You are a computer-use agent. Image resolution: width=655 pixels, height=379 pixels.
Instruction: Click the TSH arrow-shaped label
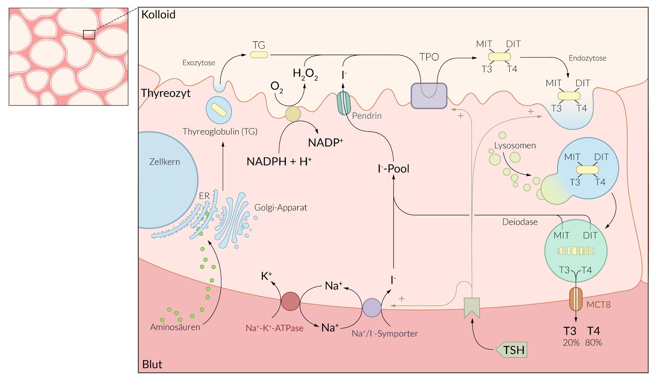(x=512, y=350)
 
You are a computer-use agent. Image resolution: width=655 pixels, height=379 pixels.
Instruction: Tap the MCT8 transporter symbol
(x=576, y=299)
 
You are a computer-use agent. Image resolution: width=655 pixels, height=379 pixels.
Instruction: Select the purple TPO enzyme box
(x=429, y=96)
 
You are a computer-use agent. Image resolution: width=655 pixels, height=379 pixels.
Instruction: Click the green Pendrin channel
(x=344, y=103)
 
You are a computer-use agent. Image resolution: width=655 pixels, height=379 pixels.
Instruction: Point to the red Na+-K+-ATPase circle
(x=290, y=301)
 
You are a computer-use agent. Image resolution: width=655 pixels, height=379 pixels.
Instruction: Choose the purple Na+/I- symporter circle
(x=372, y=308)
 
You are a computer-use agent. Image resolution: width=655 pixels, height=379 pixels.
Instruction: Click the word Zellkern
(x=165, y=162)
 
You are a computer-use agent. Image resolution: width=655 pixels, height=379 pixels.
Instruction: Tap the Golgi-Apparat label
(x=280, y=208)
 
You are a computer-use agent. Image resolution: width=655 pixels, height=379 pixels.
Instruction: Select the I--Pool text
(x=393, y=169)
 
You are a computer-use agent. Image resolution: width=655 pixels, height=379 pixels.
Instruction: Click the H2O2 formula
(x=305, y=74)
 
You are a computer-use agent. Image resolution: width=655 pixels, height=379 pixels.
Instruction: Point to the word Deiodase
(x=520, y=222)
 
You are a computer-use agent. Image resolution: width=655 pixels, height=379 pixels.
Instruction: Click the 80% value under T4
(x=593, y=342)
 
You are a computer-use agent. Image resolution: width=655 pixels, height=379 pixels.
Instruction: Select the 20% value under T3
(x=571, y=342)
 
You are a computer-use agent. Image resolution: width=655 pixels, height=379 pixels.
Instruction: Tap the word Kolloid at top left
(x=158, y=15)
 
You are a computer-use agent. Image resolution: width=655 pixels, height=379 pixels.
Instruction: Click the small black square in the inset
(x=89, y=34)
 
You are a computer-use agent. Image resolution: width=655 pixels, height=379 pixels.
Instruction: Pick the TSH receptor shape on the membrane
(x=472, y=308)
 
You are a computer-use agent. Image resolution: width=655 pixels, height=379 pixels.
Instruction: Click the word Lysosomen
(x=515, y=145)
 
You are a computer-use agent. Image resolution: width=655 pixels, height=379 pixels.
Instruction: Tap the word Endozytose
(x=587, y=58)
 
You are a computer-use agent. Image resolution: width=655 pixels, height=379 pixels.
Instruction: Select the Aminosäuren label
(x=175, y=327)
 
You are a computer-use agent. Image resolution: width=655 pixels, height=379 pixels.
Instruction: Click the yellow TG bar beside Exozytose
(x=259, y=55)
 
